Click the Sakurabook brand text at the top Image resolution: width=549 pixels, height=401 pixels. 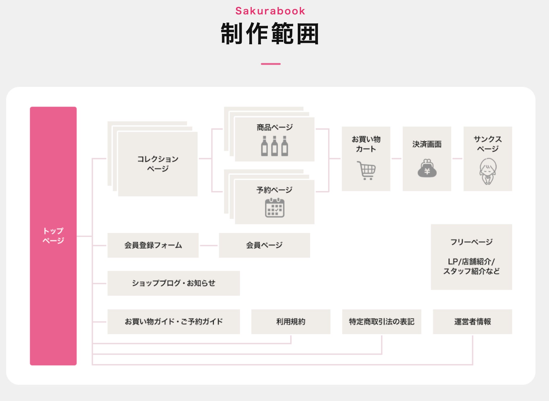pos(270,11)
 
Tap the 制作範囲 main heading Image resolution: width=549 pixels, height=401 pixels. pos(270,34)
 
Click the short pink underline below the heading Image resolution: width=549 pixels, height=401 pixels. pos(270,64)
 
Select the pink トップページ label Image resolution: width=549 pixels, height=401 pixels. pos(53,236)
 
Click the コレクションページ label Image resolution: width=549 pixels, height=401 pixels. pos(158,164)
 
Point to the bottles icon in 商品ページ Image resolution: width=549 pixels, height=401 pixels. pos(274,146)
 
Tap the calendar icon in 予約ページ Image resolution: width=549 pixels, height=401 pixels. pos(274,208)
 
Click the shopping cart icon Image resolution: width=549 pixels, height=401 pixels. pos(366,170)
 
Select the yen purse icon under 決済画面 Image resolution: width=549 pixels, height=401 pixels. pos(427,168)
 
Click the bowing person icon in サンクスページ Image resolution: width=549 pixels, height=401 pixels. pos(488,171)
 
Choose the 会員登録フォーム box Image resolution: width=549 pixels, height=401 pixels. pos(153,245)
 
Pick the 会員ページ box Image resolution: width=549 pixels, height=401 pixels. pos(264,245)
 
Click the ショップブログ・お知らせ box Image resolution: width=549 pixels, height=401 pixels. pos(173,283)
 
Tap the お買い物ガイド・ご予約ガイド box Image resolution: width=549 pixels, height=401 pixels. pos(173,322)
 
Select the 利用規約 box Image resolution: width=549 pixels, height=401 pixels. pos(291,322)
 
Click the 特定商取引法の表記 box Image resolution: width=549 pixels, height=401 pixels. pos(382,322)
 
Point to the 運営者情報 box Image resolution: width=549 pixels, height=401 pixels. pos(472,322)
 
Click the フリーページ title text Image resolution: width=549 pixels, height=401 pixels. pos(471,242)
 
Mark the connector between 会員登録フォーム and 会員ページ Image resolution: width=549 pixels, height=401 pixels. pos(209,246)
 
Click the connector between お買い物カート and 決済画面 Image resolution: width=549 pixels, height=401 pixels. pos(396,159)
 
